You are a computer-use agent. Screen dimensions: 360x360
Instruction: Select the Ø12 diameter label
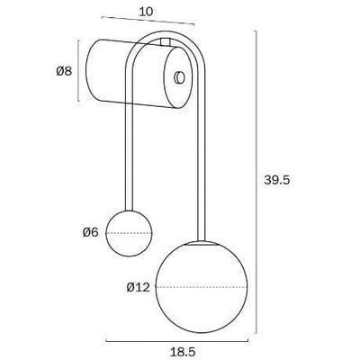138,287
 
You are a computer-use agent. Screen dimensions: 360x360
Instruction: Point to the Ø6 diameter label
89,232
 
